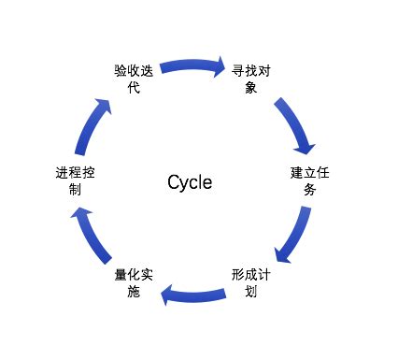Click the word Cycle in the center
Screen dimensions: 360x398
(190, 181)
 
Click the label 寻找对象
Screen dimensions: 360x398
(252, 79)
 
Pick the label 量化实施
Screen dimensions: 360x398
(134, 282)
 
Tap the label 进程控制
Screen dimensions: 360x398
(74, 181)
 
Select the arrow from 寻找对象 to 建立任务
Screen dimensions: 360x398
(296, 122)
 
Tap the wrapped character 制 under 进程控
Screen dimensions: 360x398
(74, 190)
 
